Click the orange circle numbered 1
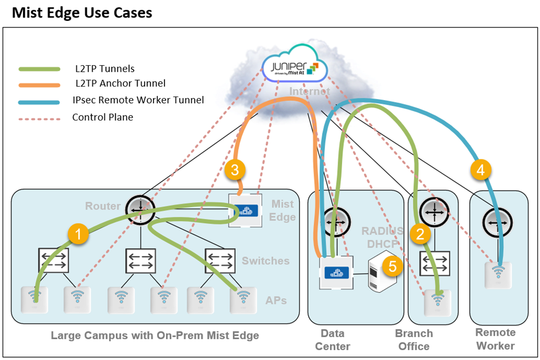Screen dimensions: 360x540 (78, 235)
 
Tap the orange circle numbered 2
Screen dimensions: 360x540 (420, 235)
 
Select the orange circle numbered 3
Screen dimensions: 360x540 (235, 170)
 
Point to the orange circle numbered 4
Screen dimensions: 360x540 (481, 170)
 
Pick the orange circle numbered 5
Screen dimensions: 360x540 (393, 266)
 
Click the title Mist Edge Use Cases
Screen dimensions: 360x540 (82, 13)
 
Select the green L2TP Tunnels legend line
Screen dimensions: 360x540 (39, 69)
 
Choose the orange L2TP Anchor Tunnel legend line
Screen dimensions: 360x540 (39, 84)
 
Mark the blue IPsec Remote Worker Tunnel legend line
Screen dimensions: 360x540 (39, 102)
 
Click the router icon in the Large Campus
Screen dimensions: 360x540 (140, 208)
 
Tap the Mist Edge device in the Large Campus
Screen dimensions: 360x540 (243, 210)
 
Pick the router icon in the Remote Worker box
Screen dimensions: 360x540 (497, 222)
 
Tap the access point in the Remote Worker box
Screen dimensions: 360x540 (498, 273)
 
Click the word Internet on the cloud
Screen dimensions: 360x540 (310, 92)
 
